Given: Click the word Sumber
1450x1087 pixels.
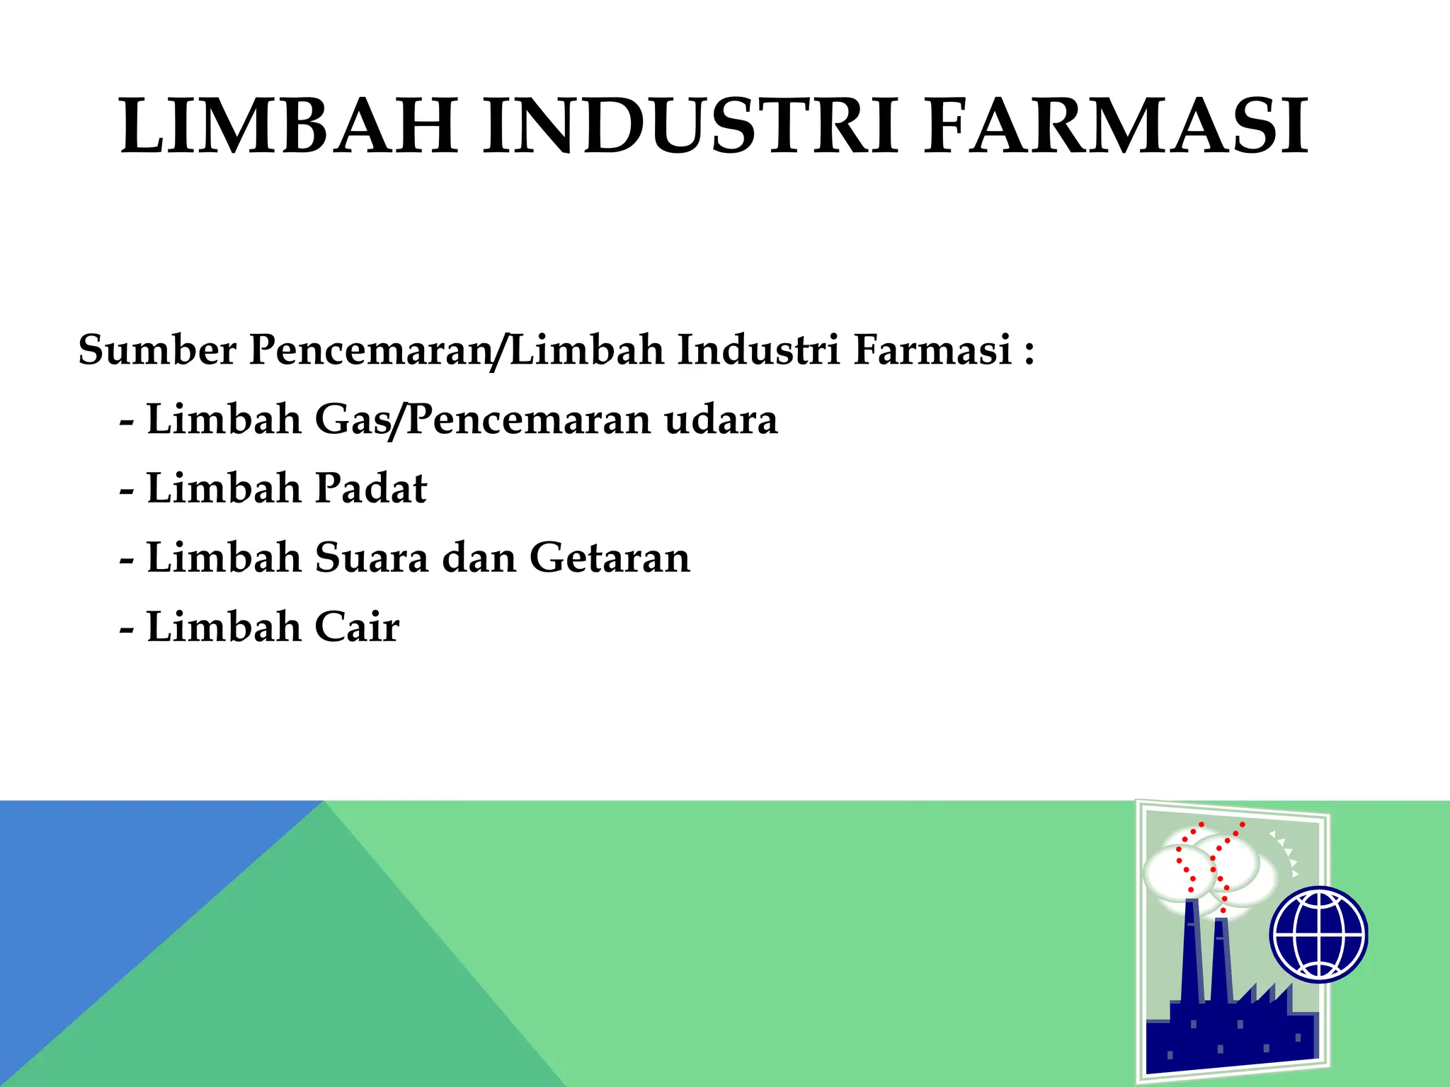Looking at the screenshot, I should tap(157, 350).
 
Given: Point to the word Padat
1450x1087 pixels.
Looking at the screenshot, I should tap(371, 488).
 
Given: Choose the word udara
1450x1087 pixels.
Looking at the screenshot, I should tap(721, 419).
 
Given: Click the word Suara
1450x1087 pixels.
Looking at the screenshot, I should tap(371, 558).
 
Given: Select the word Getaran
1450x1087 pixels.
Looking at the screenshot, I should tap(610, 558).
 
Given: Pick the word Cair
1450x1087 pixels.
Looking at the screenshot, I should tap(357, 627).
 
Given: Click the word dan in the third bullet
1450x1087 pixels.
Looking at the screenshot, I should tap(479, 558).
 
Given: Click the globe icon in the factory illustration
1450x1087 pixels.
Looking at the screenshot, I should tap(1318, 934).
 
